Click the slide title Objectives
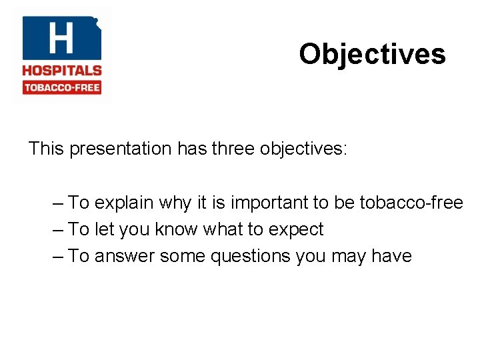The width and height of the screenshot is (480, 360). pyautogui.click(x=372, y=54)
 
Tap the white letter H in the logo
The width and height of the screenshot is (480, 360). pyautogui.click(x=61, y=38)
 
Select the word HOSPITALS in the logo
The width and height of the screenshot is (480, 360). pyautogui.click(x=62, y=71)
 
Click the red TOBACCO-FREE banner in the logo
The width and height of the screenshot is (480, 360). pyautogui.click(x=62, y=87)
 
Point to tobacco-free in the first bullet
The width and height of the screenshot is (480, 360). pyautogui.click(x=411, y=203)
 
